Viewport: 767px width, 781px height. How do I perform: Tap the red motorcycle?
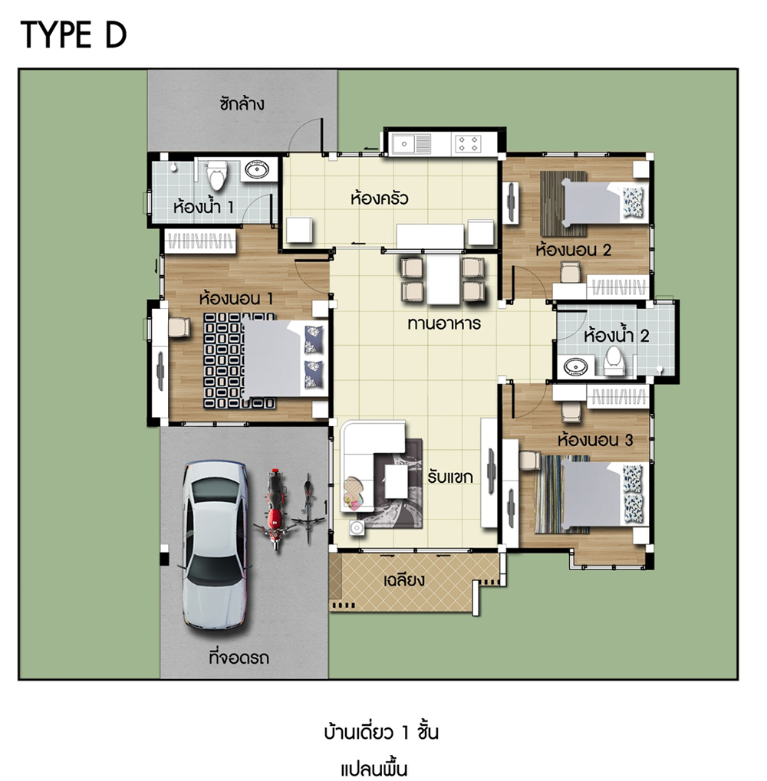[274, 508]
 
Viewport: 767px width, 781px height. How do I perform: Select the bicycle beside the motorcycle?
[308, 508]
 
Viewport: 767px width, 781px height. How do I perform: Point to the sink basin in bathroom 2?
[575, 368]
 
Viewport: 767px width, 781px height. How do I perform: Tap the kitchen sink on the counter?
[412, 144]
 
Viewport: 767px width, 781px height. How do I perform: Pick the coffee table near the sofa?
[397, 481]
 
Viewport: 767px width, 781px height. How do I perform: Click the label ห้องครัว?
[380, 199]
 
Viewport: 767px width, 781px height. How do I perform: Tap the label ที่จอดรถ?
[239, 658]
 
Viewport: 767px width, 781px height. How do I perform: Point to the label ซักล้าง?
[242, 103]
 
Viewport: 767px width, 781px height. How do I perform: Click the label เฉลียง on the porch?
[403, 579]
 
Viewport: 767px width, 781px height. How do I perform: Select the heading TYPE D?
[74, 35]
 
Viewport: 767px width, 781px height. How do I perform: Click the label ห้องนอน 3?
[595, 440]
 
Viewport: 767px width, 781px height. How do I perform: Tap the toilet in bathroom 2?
[613, 361]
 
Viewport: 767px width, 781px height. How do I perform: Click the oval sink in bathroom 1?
[257, 169]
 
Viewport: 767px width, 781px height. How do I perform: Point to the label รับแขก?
[449, 477]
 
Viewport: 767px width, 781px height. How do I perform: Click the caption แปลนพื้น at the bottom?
[374, 769]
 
